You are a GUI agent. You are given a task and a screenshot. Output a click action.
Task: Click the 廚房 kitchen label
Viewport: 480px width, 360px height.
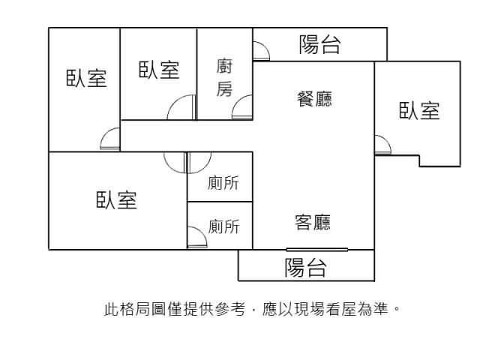[224, 78]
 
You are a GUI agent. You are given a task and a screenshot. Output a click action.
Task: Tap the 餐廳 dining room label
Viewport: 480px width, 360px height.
[315, 98]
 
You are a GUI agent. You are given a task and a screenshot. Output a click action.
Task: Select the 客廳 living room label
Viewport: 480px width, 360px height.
[313, 222]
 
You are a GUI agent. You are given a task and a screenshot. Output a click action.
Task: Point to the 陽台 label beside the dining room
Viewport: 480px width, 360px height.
[319, 45]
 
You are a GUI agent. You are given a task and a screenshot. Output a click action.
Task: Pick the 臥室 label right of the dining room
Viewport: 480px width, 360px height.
[418, 111]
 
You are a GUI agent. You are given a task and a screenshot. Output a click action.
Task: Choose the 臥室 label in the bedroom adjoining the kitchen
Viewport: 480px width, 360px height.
[159, 70]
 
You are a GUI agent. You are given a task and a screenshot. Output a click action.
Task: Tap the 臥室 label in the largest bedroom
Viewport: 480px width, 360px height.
[116, 200]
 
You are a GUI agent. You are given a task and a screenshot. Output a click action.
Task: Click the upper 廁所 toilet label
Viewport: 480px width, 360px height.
[223, 184]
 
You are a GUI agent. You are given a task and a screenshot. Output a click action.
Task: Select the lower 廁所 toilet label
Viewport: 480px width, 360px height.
[223, 226]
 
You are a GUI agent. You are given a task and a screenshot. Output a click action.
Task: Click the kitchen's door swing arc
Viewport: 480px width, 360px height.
[243, 109]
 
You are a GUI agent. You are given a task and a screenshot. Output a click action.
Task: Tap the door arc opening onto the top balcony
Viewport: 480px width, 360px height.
[262, 51]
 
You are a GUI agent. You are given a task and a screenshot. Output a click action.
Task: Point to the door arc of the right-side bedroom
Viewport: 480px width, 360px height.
[382, 145]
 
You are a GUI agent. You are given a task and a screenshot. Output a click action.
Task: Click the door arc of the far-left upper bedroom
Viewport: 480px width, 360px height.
[109, 139]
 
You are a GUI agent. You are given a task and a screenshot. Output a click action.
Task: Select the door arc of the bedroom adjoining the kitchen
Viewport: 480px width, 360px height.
[181, 109]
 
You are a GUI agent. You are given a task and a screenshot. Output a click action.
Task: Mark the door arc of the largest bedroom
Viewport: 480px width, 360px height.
[174, 162]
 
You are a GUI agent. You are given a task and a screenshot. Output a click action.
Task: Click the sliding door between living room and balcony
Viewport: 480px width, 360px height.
[316, 249]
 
